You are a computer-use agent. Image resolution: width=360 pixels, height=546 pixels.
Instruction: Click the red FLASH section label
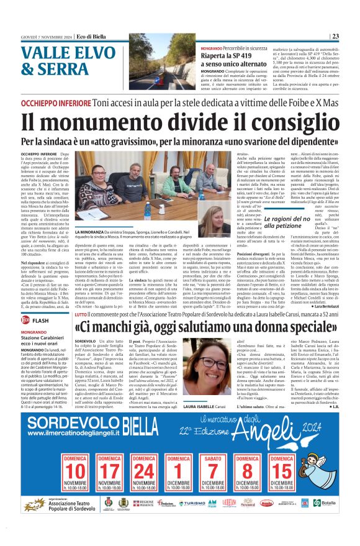(x=40, y=320)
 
